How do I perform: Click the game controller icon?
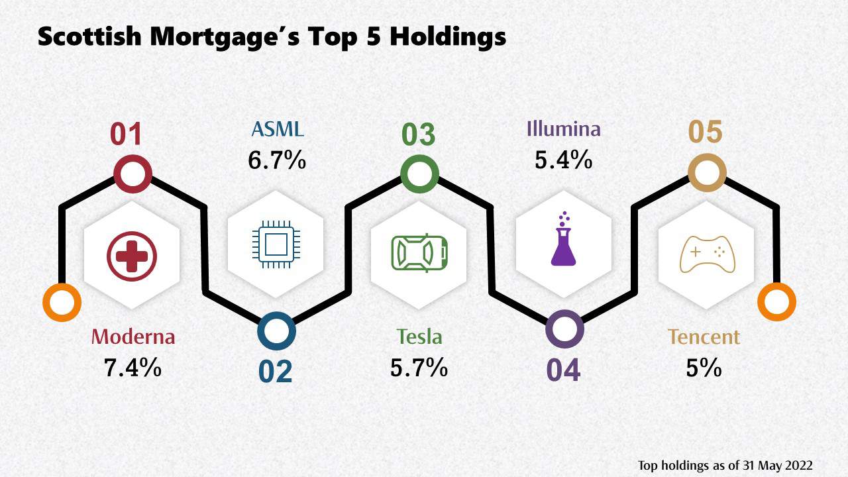point(708,256)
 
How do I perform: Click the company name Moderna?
point(133,337)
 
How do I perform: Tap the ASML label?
point(276,129)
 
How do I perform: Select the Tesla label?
point(419,337)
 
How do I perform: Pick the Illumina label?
point(563,129)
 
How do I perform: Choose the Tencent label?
point(704,337)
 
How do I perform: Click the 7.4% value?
point(132,368)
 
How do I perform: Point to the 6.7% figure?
point(277,160)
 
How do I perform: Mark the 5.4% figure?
point(563,160)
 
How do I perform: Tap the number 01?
point(127,134)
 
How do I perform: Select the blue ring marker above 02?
point(276,331)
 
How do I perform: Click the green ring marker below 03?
point(419,175)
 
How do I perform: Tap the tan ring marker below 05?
point(707,173)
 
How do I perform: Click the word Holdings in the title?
point(447,36)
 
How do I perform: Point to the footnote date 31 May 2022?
point(776,465)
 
